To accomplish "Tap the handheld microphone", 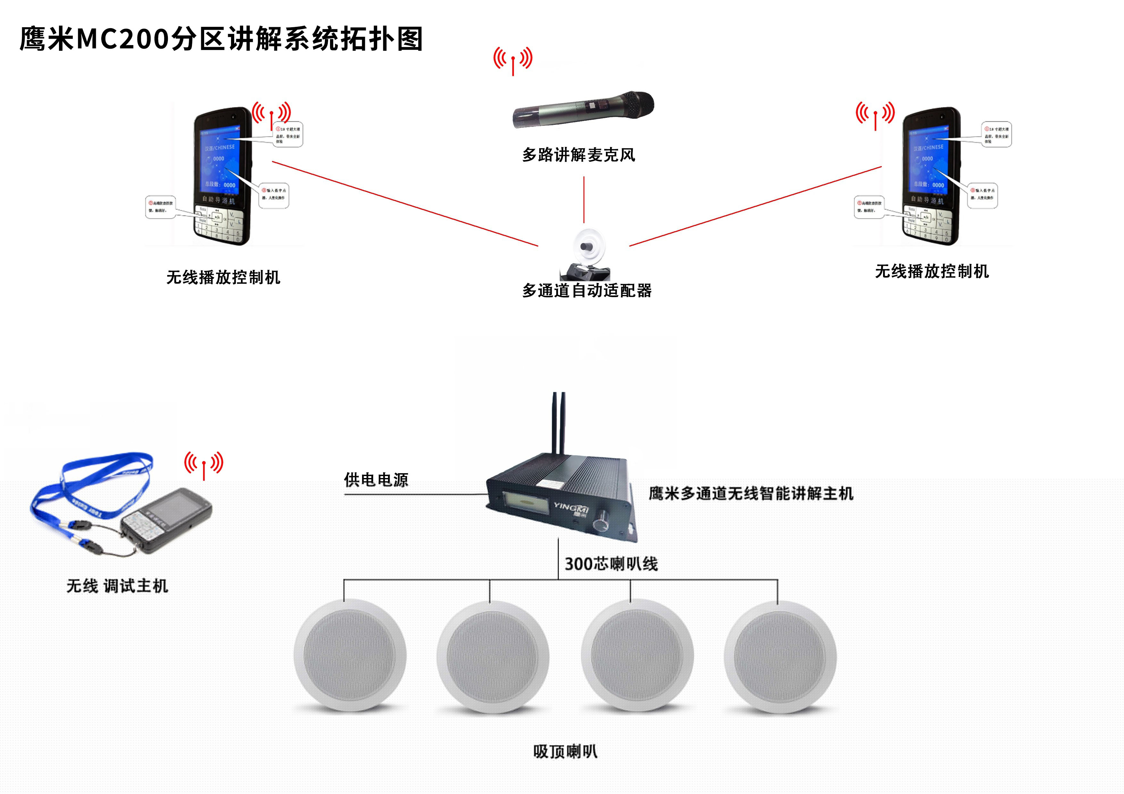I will click(x=583, y=110).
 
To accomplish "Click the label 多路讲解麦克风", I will click(x=579, y=155).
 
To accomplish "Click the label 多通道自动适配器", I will click(x=586, y=291).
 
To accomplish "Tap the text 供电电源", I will click(x=376, y=480).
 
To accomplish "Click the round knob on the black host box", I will click(x=600, y=525).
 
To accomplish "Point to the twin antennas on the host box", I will click(x=559, y=423).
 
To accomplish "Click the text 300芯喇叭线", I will click(x=611, y=564).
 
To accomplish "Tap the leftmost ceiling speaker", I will click(x=350, y=656).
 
